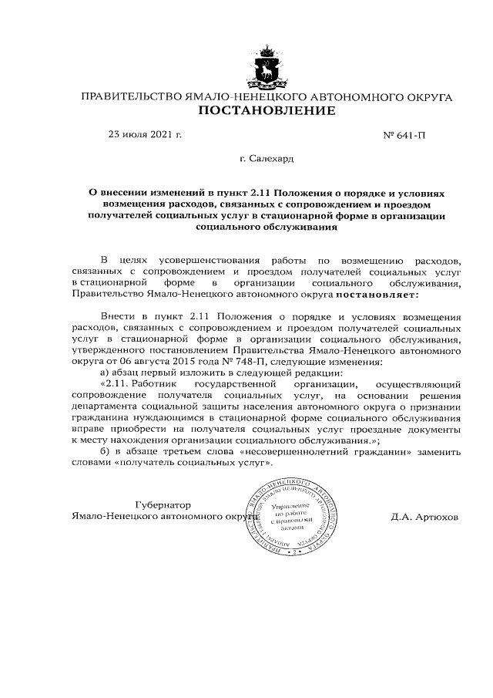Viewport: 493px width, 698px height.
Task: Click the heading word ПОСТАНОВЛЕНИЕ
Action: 267,111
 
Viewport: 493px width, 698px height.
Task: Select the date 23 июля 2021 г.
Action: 146,134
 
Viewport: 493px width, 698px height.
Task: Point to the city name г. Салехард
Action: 267,159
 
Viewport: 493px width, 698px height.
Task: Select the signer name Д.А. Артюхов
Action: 424,518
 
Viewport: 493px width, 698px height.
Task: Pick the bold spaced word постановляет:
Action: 378,294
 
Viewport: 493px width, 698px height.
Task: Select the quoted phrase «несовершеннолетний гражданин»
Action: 341,451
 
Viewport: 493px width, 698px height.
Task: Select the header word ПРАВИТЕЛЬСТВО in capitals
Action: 128,97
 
